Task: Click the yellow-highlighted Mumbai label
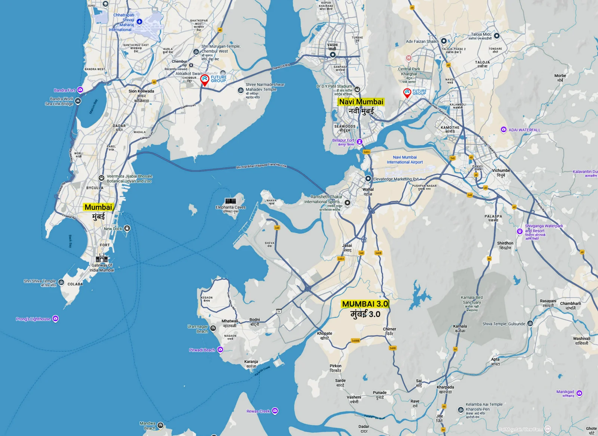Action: [x=98, y=207]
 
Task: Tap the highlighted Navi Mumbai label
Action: [x=361, y=102]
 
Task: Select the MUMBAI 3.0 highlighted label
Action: [x=365, y=304]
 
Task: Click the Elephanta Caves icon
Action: [x=230, y=201]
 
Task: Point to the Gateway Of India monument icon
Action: [x=102, y=258]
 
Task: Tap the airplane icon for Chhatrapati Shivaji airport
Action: [x=139, y=22]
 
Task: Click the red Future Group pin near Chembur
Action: [x=204, y=80]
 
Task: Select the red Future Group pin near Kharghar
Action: [x=407, y=93]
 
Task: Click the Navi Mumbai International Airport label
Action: [x=405, y=160]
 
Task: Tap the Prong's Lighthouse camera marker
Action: [x=55, y=319]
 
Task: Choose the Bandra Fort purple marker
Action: [x=80, y=90]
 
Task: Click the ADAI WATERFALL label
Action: [x=524, y=130]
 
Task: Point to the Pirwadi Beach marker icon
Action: [x=220, y=350]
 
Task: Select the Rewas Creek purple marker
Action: [x=275, y=411]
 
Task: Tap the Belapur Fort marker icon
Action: [x=359, y=142]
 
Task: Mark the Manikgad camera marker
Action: [x=579, y=393]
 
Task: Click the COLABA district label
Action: [x=75, y=284]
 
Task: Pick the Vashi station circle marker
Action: [x=332, y=55]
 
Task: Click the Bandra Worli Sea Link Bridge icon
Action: [x=78, y=101]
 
